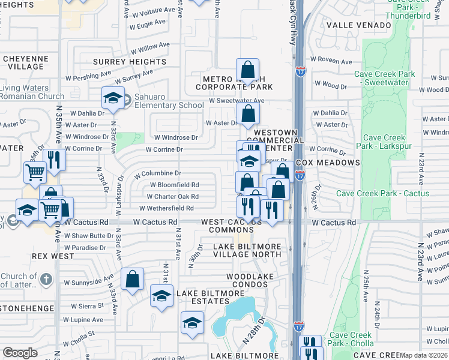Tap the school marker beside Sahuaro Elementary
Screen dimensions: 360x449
(x=113, y=100)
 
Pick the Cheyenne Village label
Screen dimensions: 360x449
(x=25, y=62)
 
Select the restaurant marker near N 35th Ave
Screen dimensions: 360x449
(x=55, y=160)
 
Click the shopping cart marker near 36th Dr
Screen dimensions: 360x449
(x=35, y=173)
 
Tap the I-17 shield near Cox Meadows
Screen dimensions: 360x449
(x=300, y=175)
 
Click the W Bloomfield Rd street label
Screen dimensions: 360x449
(x=174, y=185)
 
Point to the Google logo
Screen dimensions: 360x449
(x=20, y=353)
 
